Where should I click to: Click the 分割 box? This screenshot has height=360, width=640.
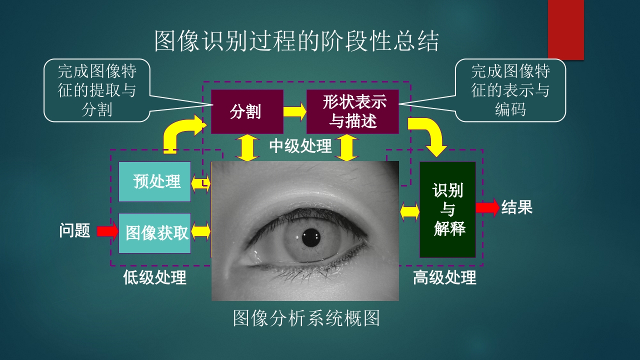247,111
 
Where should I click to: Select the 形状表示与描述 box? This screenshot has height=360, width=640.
352,111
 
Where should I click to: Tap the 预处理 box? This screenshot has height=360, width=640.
154,181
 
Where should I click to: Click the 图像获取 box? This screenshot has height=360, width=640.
154,233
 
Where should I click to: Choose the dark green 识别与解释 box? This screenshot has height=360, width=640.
447,209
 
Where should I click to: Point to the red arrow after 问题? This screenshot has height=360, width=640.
107,231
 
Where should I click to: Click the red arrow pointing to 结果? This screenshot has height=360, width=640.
487,207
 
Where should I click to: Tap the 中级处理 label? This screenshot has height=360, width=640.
300,146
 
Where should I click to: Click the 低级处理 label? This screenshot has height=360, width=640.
154,277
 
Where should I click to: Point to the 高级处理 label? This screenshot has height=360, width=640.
444,277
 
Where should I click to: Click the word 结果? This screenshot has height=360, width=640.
517,207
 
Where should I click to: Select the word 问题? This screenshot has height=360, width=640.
75,231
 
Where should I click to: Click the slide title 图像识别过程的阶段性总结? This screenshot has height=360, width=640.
296,41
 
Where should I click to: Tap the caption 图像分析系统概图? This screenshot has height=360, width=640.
306,318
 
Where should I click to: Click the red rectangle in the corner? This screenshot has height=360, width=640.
565,29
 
